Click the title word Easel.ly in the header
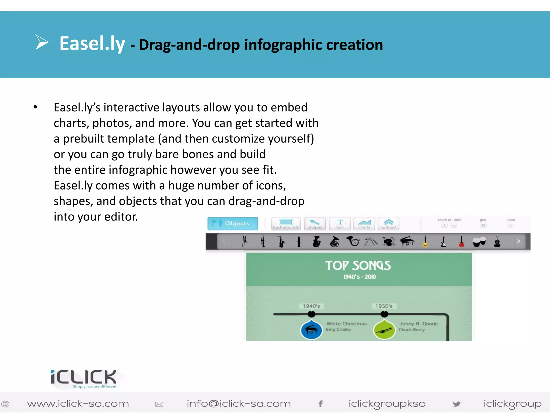click(92, 44)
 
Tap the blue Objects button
click(233, 223)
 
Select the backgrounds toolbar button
click(286, 224)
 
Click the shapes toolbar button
click(315, 224)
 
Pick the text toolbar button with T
click(340, 224)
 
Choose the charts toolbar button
click(364, 224)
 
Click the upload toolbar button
click(389, 224)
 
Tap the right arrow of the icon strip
click(518, 241)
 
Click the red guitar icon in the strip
click(461, 241)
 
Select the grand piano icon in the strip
click(407, 241)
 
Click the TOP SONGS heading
click(358, 266)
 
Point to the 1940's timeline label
click(311, 306)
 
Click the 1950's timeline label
click(384, 306)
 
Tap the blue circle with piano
click(311, 330)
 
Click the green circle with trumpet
click(384, 330)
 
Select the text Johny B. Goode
click(418, 324)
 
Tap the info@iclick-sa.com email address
click(238, 404)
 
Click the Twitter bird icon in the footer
click(456, 404)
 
